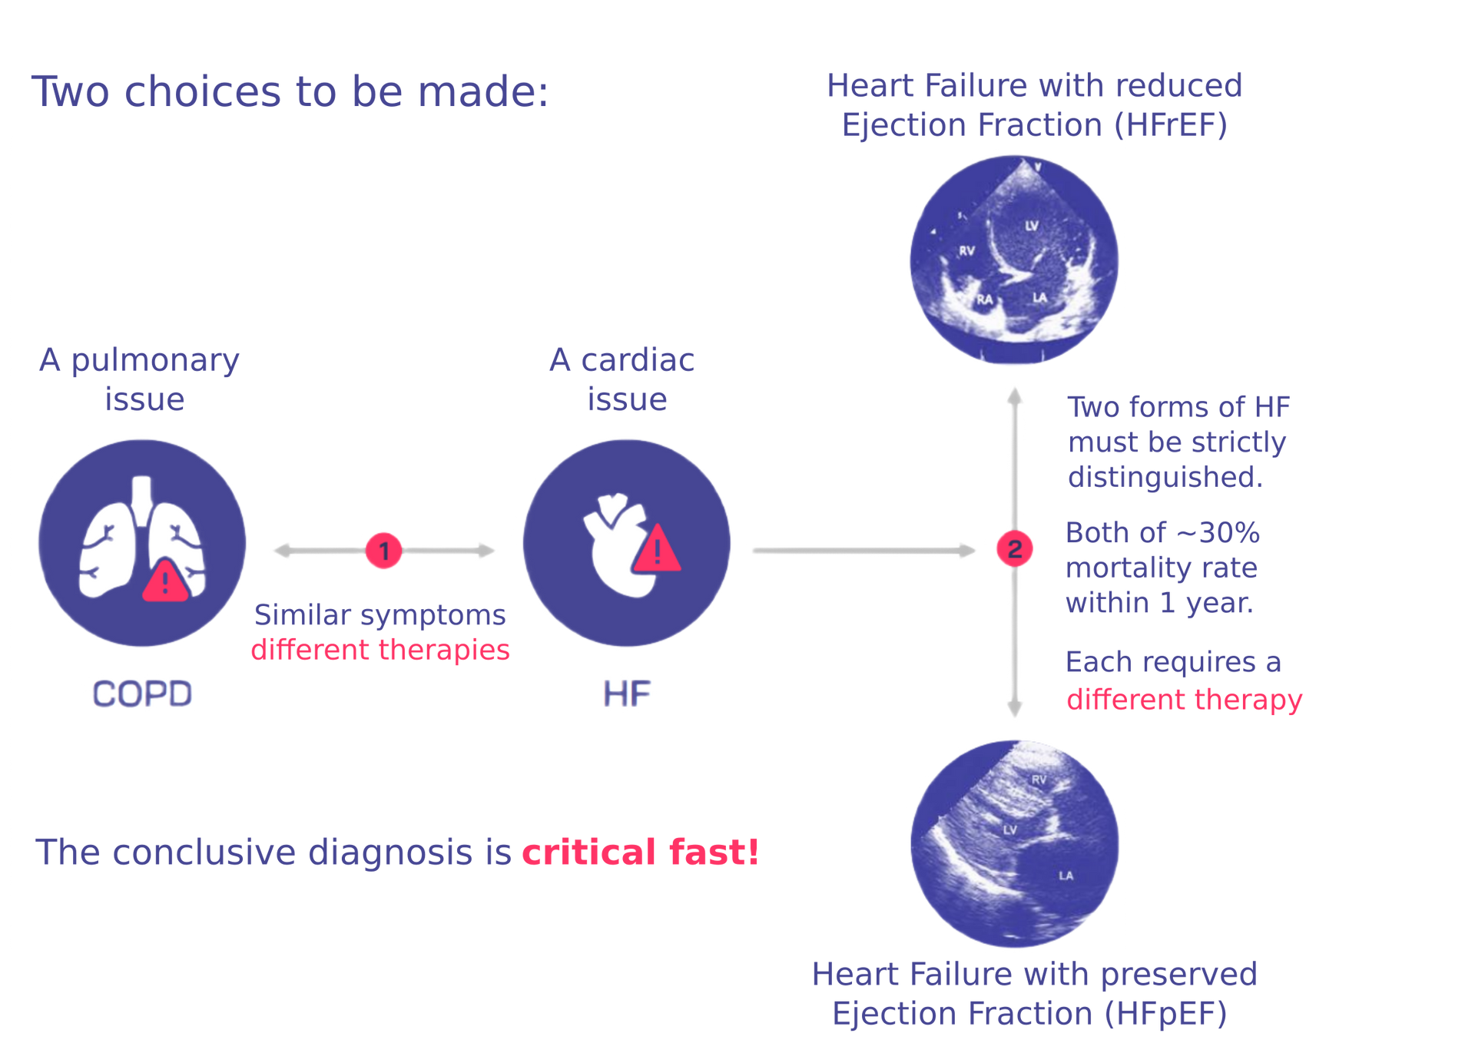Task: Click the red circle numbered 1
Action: (x=383, y=550)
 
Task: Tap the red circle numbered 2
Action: (x=1014, y=548)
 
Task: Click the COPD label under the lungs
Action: (x=142, y=694)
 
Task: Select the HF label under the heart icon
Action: (x=627, y=694)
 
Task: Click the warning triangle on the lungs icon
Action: (x=165, y=581)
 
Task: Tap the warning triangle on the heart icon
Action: (x=657, y=548)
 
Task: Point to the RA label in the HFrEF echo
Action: (x=984, y=300)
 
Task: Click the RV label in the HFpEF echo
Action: (x=1039, y=780)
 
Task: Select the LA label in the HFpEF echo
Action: (x=1066, y=876)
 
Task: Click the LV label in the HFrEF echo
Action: (x=1032, y=226)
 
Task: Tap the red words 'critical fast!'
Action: (x=641, y=852)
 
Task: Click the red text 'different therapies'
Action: (x=380, y=650)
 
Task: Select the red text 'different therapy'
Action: (x=1185, y=700)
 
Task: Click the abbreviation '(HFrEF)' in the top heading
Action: (x=1171, y=125)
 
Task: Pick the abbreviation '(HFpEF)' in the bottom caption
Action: (x=1166, y=1014)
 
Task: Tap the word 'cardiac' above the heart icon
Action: (x=638, y=359)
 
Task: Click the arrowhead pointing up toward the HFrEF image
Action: (x=1015, y=395)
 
